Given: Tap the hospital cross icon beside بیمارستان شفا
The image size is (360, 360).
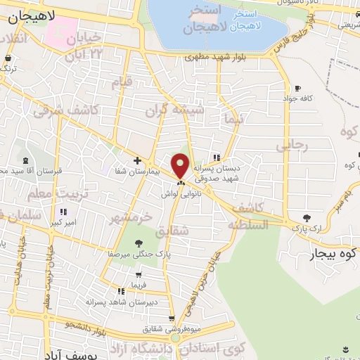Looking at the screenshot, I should point(137,160).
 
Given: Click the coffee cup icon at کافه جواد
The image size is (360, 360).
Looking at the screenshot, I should point(297,88).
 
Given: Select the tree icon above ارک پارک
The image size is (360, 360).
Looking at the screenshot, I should point(307,217).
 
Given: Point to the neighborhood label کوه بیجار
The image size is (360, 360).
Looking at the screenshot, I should point(330,254).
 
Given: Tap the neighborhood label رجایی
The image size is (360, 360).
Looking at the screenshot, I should point(292,146).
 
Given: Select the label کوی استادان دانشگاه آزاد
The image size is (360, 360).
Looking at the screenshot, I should point(233,347).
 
